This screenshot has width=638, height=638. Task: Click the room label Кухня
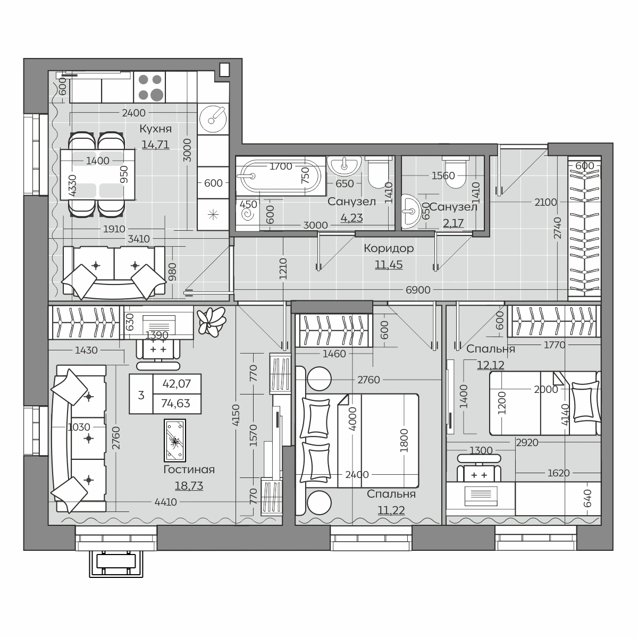coord(156,129)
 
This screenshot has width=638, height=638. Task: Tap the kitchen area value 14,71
coord(156,145)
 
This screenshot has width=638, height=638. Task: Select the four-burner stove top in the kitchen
coord(149,87)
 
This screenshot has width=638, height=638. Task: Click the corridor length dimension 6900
coord(418,290)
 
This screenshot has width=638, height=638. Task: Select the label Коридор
coord(389,248)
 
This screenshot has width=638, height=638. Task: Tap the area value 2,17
coord(454,223)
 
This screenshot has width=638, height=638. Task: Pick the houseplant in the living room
coord(211,321)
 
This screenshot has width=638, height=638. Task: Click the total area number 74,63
coord(175,403)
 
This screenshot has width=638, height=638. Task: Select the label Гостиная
coord(189,469)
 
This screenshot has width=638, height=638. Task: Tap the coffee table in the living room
coord(175,440)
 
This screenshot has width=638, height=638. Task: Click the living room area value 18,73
coord(189,486)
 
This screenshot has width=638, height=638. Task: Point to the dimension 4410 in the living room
coord(165,502)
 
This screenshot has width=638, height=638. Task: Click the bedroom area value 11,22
coord(391,510)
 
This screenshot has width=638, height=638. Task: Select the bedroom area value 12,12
coord(490,365)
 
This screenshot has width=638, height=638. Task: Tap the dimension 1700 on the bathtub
coord(281,166)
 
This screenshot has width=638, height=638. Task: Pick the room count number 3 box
coord(141,394)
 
